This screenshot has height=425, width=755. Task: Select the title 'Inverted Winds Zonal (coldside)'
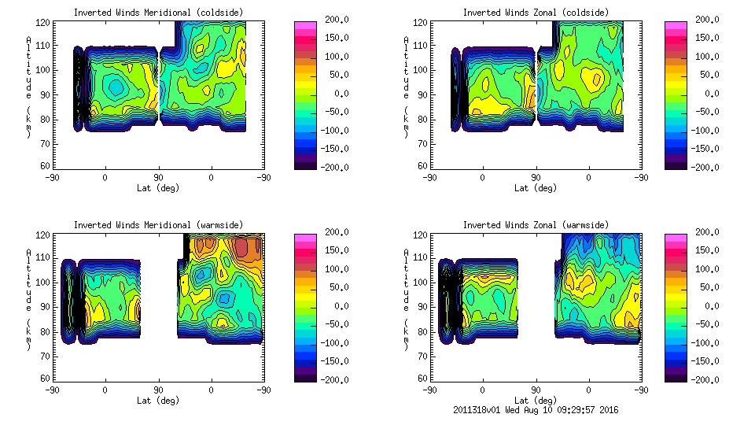click(536, 13)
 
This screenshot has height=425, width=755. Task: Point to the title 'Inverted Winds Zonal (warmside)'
click(536, 225)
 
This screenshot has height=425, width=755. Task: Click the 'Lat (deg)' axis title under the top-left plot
click(157, 187)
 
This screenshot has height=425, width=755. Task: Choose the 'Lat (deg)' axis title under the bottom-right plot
click(535, 400)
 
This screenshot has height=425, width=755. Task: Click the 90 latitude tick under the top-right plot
click(536, 177)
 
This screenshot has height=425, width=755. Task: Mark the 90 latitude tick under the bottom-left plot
click(158, 390)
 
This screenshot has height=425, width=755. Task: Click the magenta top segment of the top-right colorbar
click(676, 25)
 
